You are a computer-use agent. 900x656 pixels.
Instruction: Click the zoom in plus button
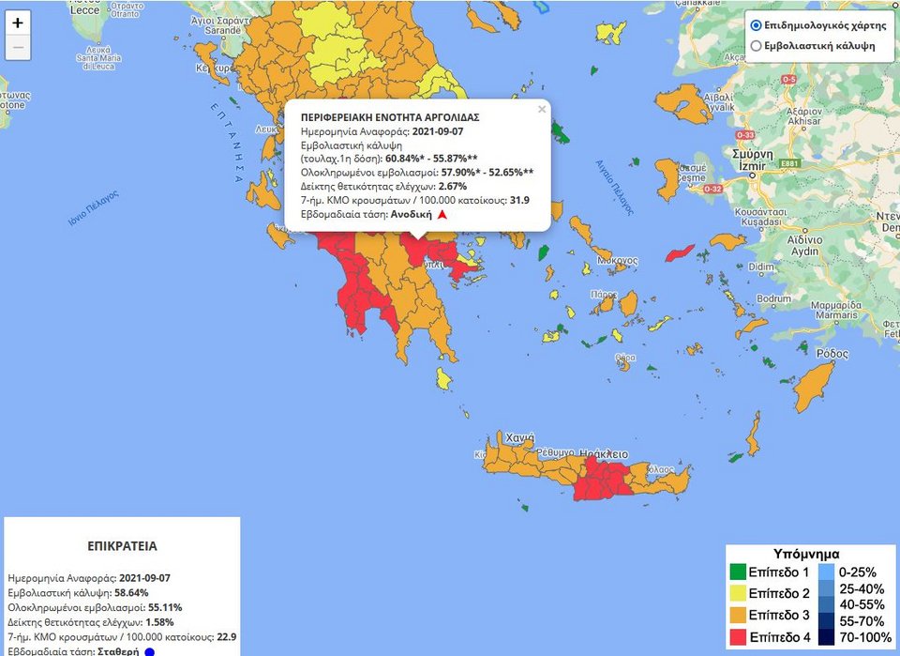pyautogui.click(x=18, y=23)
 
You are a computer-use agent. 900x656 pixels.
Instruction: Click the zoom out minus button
pyautogui.click(x=18, y=47)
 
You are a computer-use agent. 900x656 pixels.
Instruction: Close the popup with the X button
pyautogui.click(x=541, y=110)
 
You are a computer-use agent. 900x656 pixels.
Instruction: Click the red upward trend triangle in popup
pyautogui.click(x=442, y=215)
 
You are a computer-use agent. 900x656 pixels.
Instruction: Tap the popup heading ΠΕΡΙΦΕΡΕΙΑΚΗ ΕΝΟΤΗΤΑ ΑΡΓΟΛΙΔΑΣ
pyautogui.click(x=390, y=117)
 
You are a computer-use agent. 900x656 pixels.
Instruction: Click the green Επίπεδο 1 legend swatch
pyautogui.click(x=741, y=572)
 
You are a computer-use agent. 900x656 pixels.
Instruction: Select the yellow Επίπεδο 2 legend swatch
pyautogui.click(x=741, y=593)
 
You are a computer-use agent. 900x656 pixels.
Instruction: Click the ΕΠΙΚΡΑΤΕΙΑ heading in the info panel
pyautogui.click(x=122, y=545)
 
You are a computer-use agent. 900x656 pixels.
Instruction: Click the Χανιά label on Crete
pyautogui.click(x=519, y=438)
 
